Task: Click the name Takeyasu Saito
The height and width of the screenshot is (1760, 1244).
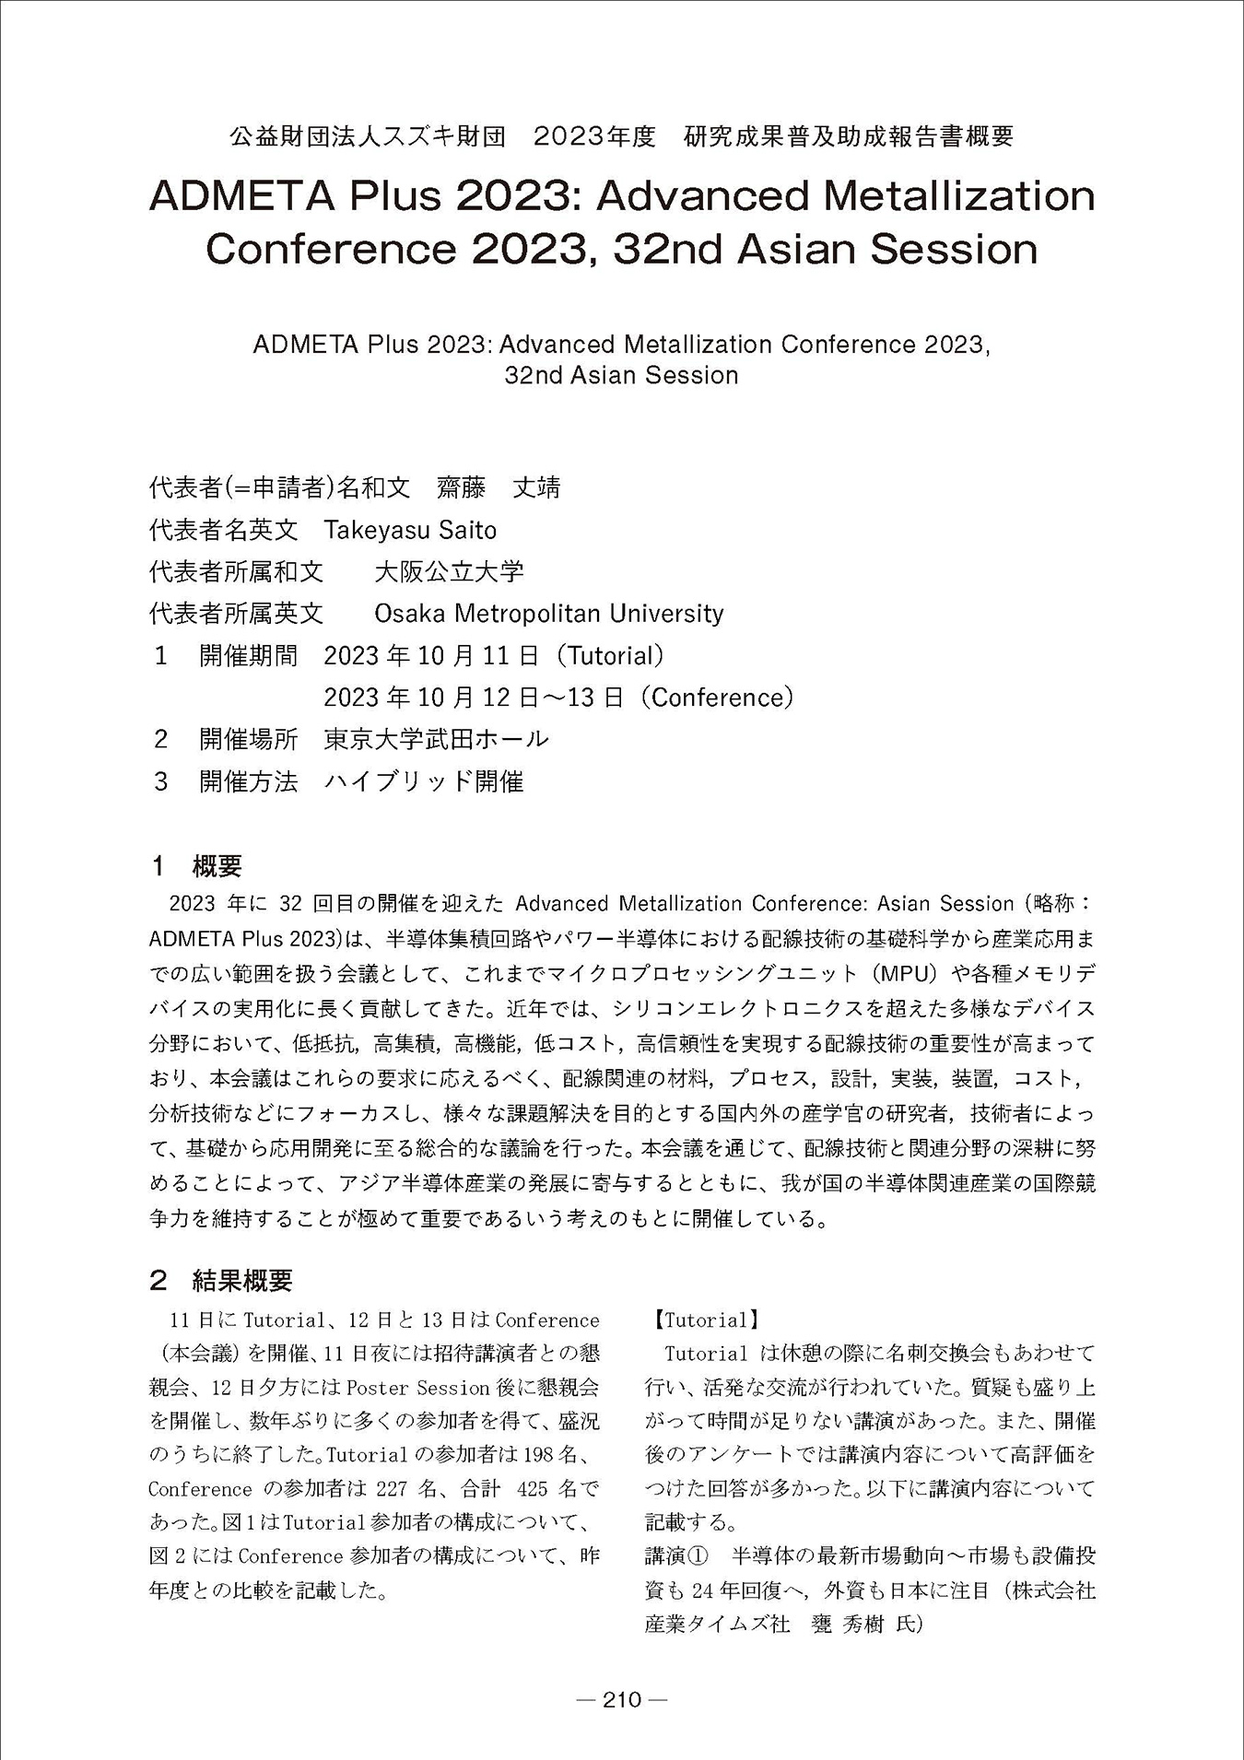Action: (410, 530)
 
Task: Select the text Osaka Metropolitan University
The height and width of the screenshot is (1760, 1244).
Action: (548, 613)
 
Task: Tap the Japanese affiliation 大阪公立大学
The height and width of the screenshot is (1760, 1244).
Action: (449, 571)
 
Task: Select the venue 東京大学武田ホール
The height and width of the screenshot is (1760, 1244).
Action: (436, 739)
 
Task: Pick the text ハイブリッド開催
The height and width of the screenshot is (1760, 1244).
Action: (424, 781)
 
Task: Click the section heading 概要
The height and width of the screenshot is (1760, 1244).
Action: (217, 866)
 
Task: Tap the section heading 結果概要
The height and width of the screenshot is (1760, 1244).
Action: (242, 1280)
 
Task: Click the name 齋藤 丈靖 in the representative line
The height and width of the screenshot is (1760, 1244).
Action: (499, 487)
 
